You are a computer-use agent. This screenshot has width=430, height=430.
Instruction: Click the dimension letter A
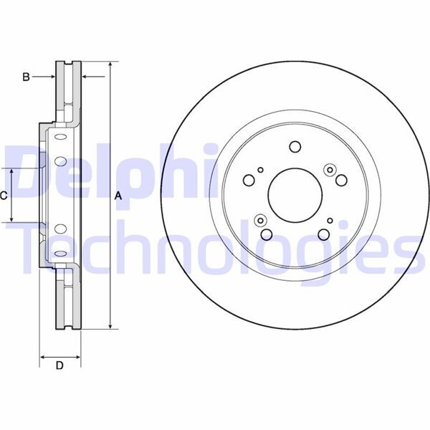(118, 196)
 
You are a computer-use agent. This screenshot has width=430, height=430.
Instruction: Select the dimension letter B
(26, 76)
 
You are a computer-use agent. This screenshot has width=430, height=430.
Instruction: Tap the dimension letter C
(4, 195)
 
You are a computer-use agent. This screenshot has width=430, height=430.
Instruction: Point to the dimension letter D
(59, 367)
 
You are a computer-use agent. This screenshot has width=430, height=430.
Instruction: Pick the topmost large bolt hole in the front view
(295, 147)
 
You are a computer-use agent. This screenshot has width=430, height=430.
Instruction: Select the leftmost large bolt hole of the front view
(249, 179)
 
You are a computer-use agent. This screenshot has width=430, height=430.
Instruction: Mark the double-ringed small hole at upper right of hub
(330, 169)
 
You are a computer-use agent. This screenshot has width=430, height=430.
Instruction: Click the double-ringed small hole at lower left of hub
(260, 220)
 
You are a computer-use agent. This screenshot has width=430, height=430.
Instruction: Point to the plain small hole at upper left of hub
(261, 170)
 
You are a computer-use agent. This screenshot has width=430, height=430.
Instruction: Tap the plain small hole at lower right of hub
(330, 220)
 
